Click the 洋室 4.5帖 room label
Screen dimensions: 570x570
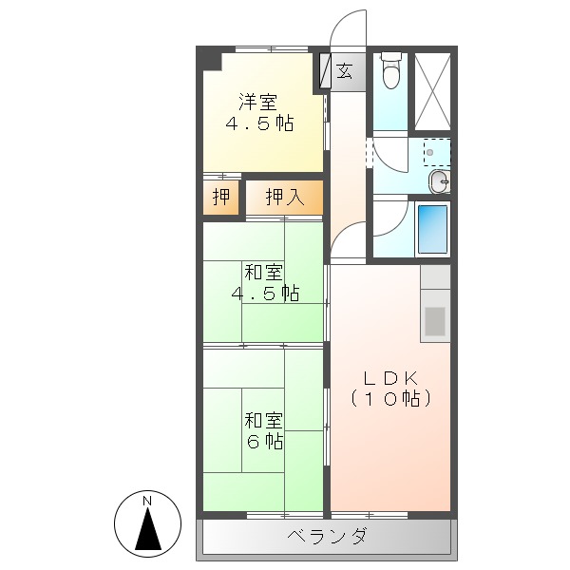click(x=258, y=113)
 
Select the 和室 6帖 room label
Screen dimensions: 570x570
click(x=264, y=429)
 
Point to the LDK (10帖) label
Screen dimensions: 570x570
click(x=390, y=389)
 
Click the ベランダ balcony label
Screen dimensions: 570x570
click(x=327, y=537)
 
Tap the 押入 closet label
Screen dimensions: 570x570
click(x=284, y=198)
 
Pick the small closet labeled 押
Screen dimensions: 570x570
click(x=220, y=198)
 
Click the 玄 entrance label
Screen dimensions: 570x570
click(x=344, y=70)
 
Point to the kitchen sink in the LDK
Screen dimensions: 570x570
click(x=435, y=320)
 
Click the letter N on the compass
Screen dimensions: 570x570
click(x=147, y=501)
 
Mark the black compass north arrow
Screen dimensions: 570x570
click(x=147, y=530)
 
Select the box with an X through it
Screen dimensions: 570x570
click(x=432, y=90)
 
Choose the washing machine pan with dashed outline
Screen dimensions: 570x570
click(x=436, y=151)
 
